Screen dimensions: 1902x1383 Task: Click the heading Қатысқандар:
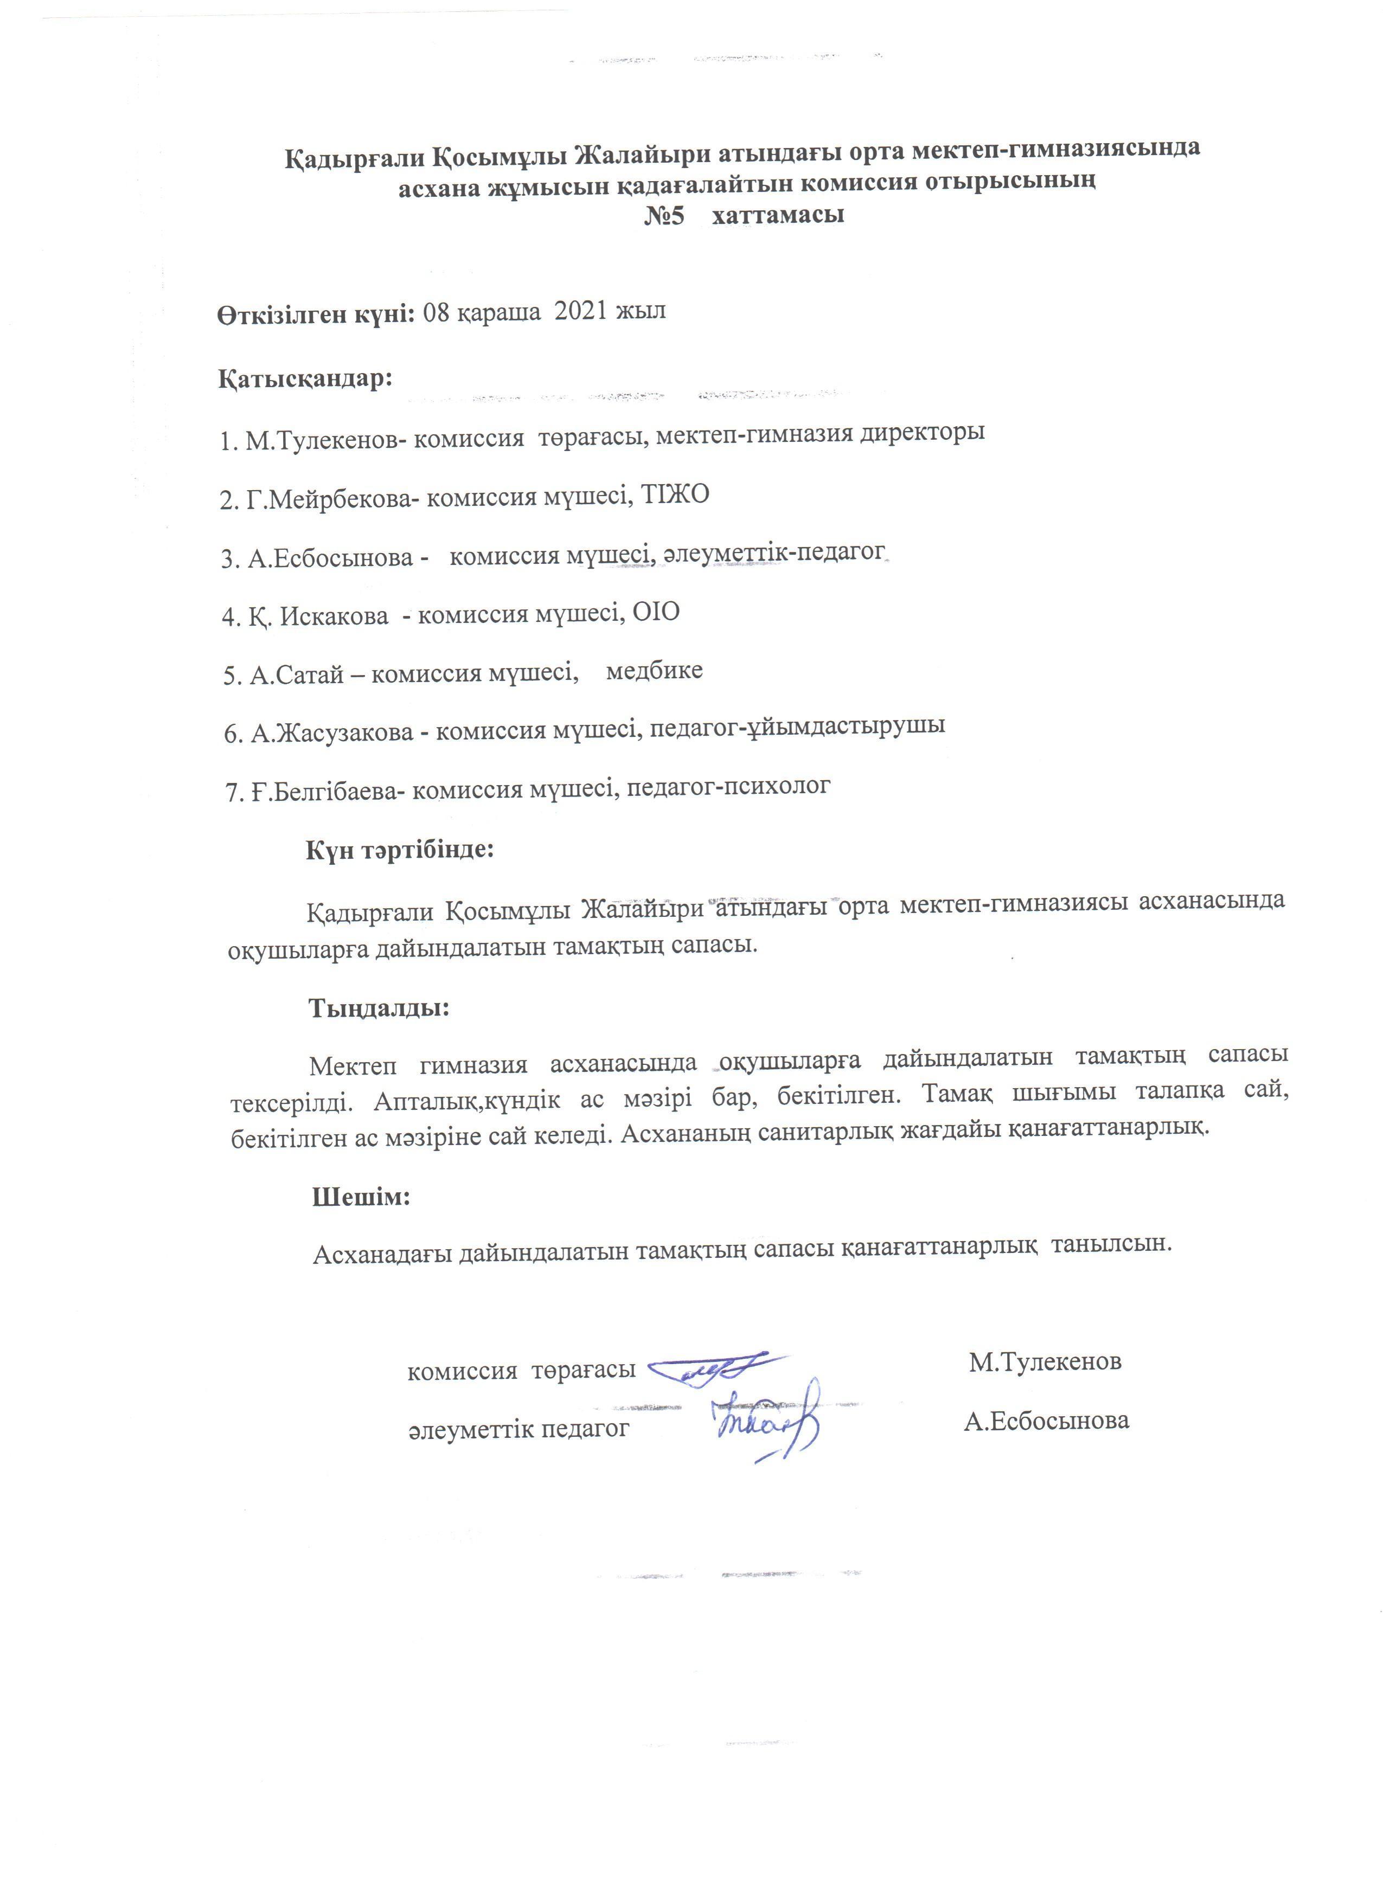click(x=306, y=378)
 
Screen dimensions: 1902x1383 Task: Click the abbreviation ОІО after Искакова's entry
click(x=656, y=613)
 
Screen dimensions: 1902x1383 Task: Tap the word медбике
click(x=654, y=671)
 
